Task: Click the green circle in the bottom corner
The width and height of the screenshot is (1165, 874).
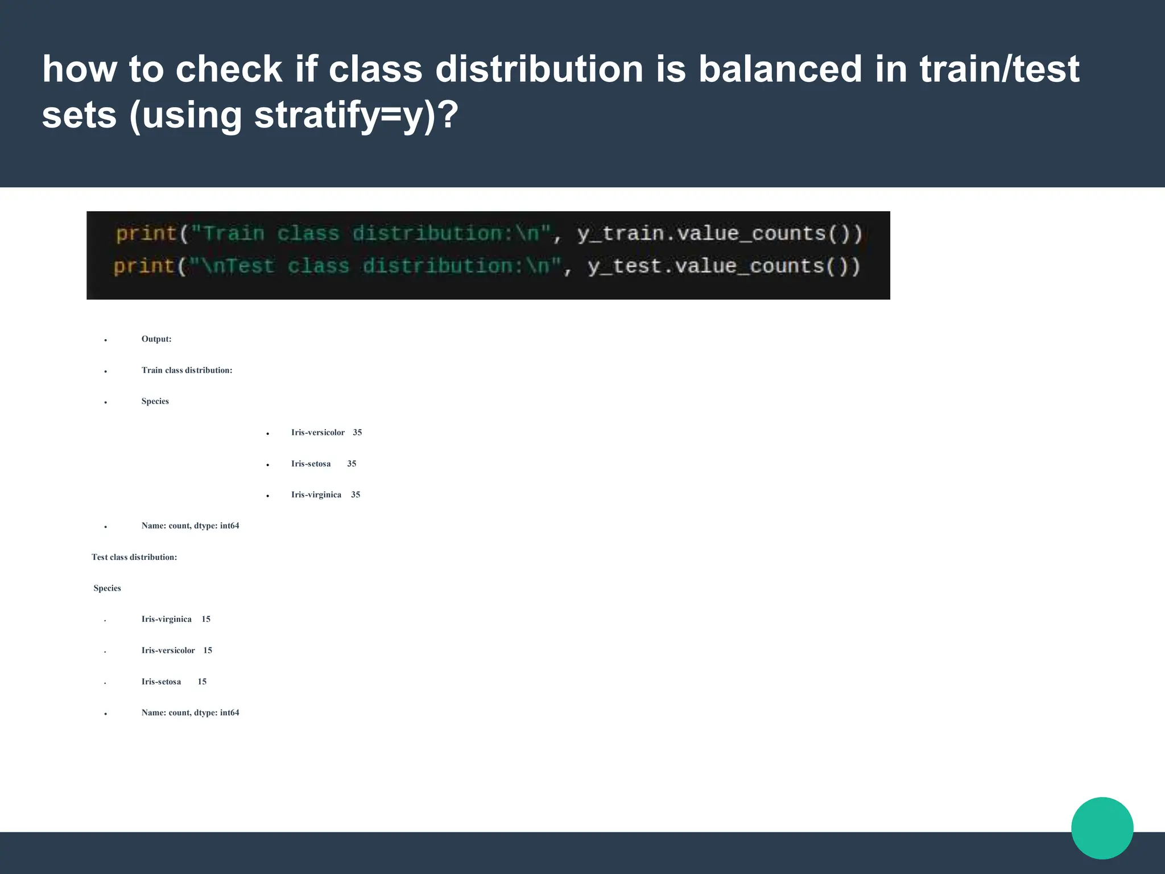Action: (x=1102, y=828)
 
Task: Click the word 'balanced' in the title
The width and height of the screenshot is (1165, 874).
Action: (x=780, y=69)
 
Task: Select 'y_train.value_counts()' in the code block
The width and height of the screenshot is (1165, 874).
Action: (x=720, y=233)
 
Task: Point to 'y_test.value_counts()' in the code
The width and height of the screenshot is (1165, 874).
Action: (x=724, y=266)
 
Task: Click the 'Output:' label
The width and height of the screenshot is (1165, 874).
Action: (x=156, y=339)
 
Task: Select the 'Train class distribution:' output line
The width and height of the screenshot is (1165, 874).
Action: (x=187, y=370)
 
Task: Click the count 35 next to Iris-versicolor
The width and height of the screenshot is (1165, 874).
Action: (x=357, y=432)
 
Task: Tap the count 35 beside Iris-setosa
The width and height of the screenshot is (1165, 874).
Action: (x=352, y=464)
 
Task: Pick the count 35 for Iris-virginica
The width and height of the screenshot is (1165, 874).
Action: (x=356, y=494)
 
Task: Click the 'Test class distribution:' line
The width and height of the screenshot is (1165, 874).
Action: (x=134, y=557)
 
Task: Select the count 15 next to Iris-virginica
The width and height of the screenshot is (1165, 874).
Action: (x=206, y=619)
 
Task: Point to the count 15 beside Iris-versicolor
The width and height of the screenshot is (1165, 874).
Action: (x=208, y=650)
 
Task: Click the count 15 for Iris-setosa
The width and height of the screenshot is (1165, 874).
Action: (x=202, y=682)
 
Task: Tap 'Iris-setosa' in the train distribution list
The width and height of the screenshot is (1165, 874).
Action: (x=311, y=464)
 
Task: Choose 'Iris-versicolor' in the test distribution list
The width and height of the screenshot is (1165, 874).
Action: (x=168, y=650)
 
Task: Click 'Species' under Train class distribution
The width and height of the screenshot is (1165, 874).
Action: (x=155, y=401)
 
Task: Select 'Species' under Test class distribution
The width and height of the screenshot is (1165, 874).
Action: (x=108, y=588)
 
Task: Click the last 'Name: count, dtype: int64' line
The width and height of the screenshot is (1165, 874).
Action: (x=190, y=712)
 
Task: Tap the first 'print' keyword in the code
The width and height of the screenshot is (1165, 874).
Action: (x=146, y=233)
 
